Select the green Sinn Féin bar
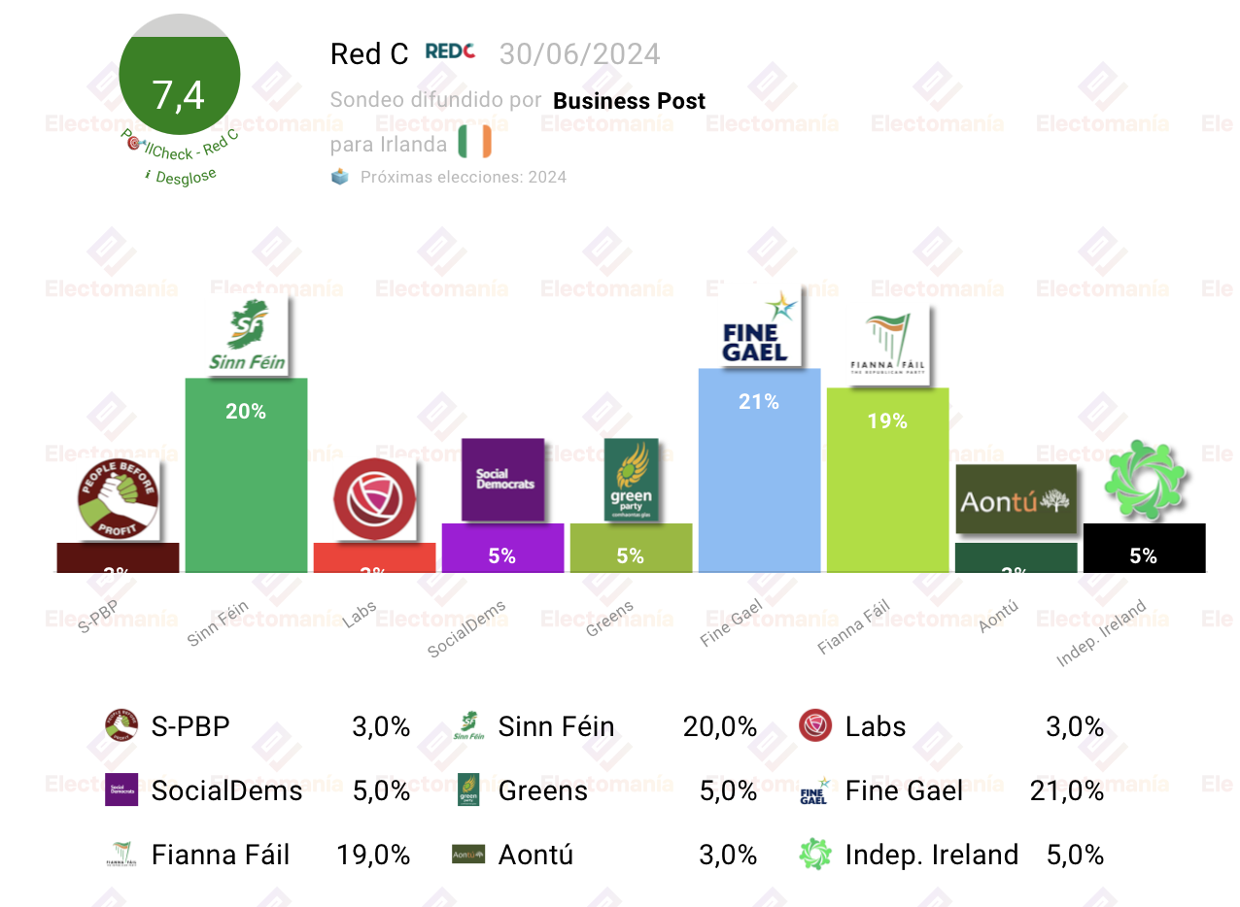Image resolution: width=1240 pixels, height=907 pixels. tap(246, 486)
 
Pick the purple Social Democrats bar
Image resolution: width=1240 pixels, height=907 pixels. tap(502, 549)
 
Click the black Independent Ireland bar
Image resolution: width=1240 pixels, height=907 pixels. tap(1144, 549)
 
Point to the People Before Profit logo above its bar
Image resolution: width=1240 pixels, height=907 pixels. tap(118, 499)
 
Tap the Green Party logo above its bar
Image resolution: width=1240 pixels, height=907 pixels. tap(631, 480)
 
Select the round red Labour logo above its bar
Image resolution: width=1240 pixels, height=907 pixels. tap(374, 499)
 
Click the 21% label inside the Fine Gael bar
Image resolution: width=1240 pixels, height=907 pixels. tap(759, 402)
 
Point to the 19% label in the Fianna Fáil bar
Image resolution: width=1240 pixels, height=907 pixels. tap(887, 421)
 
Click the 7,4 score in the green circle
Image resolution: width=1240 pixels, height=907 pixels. tap(179, 95)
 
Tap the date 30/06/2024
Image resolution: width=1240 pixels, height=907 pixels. tap(579, 54)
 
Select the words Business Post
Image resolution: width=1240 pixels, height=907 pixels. tap(629, 101)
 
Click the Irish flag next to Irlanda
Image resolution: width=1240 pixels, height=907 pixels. tap(475, 142)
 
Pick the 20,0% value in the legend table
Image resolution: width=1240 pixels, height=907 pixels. tap(719, 726)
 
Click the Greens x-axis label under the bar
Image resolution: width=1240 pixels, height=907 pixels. tap(610, 619)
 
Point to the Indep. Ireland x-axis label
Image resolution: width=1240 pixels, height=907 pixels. tap(1102, 634)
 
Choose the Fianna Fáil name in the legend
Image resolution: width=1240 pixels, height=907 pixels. tap(221, 855)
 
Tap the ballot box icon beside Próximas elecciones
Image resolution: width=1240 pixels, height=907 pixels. tap(340, 177)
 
